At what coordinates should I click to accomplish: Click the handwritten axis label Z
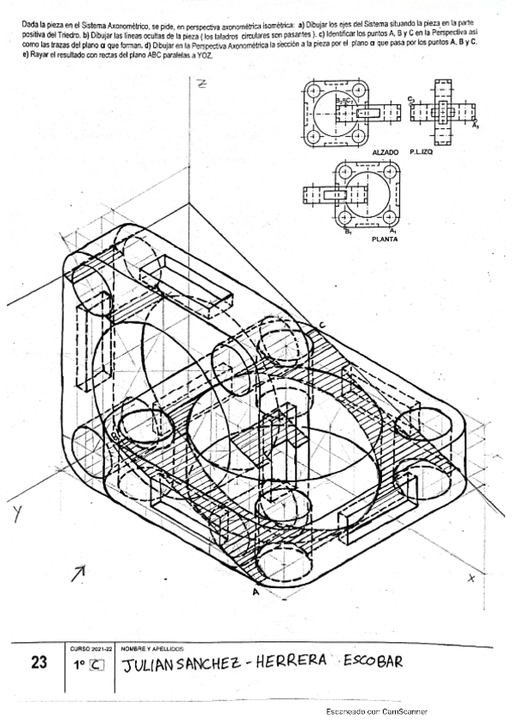coord(202,84)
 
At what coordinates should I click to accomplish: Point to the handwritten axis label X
coord(471,579)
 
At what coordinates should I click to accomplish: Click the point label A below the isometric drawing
coord(255,591)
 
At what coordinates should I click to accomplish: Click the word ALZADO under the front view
coord(385,152)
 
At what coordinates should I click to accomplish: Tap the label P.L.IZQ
coord(424,152)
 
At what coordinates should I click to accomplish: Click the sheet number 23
coord(37,662)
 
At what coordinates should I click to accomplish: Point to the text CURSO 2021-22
coord(88,648)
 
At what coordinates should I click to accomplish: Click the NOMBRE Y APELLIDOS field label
coord(155,648)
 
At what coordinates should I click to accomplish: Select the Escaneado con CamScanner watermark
coord(377,711)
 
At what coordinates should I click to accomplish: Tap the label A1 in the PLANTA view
coord(392,232)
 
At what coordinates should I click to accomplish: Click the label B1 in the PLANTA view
coord(348,232)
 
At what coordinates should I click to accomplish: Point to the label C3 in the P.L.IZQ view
coord(411,100)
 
